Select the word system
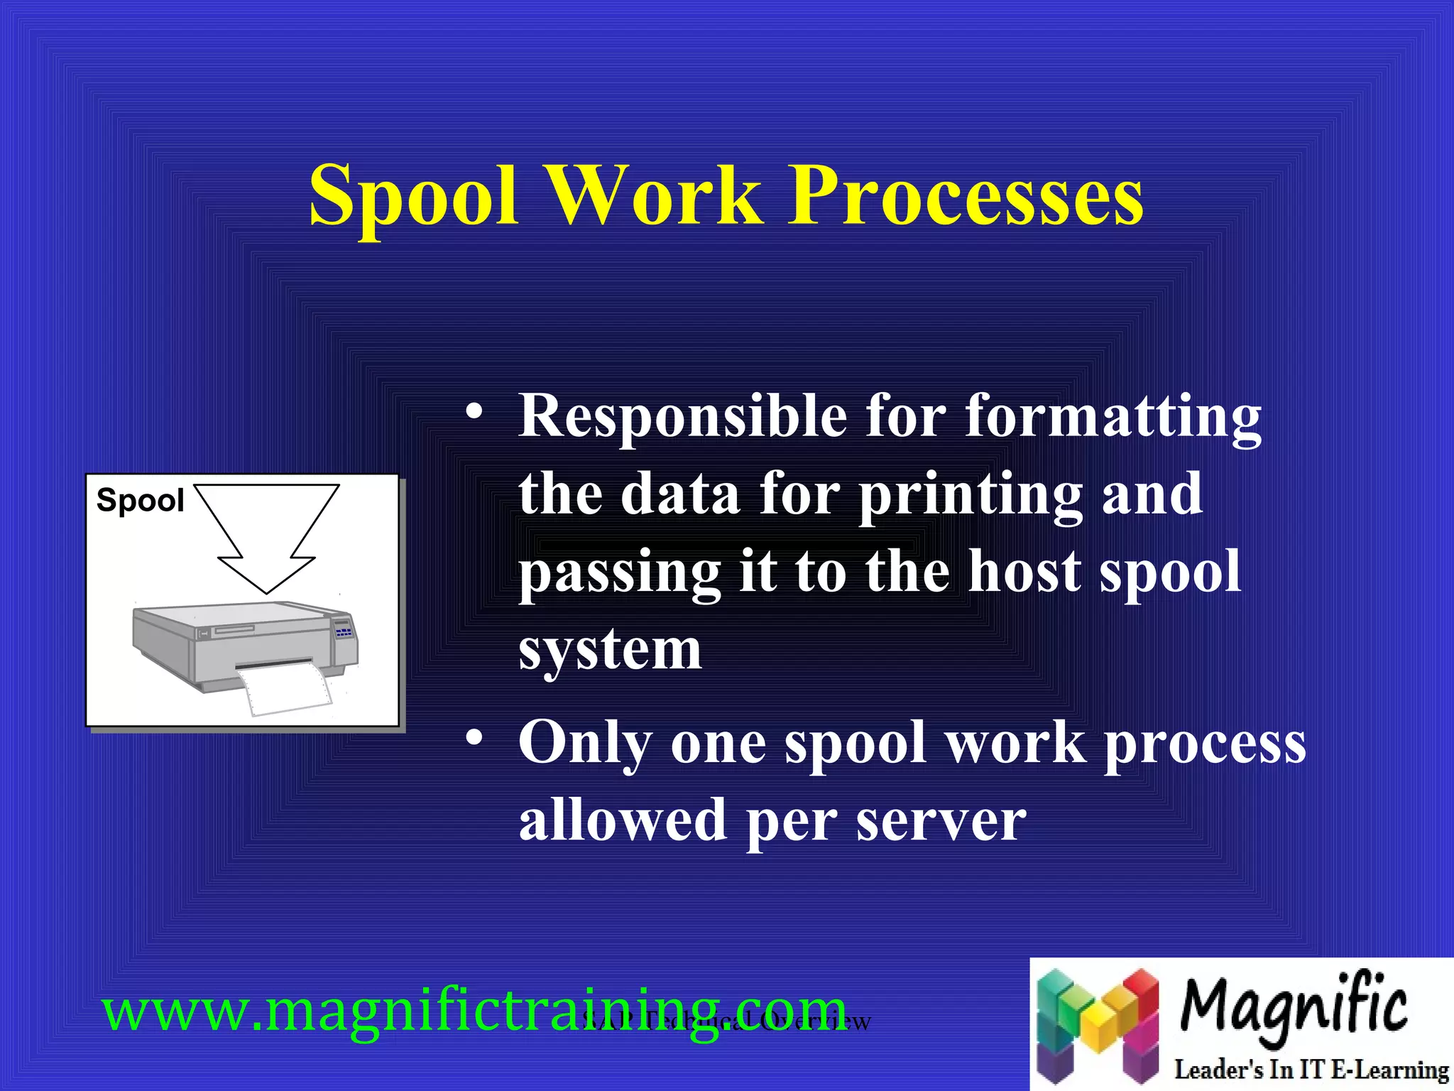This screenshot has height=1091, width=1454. coord(611,649)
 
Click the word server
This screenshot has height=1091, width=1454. coord(941,820)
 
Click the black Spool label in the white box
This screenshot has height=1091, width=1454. coord(140,501)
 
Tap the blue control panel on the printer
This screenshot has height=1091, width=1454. coord(344,630)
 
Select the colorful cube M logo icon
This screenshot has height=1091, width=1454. coord(1098,1023)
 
